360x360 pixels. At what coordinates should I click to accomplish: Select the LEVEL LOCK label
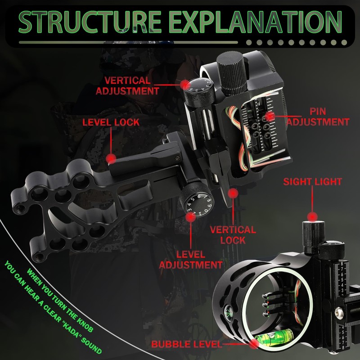110,122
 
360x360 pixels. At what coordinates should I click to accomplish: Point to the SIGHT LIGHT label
312,182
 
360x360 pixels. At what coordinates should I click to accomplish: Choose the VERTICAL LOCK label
233,234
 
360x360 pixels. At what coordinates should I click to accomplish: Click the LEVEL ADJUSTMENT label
191,260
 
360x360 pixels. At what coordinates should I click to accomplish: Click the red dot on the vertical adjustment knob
184,84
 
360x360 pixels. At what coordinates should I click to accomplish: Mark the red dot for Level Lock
111,158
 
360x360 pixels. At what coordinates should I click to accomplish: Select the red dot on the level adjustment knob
191,217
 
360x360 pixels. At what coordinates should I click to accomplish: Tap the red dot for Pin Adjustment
270,116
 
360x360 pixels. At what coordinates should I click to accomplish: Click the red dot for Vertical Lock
233,193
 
